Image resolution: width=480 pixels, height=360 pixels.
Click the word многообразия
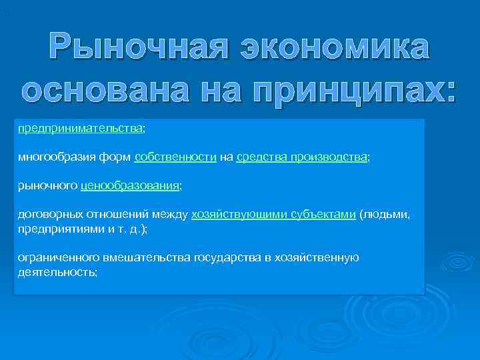pyautogui.click(x=52, y=157)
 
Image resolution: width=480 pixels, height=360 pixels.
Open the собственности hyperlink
pyautogui.click(x=175, y=157)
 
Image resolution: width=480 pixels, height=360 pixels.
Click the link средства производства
pyautogui.click(x=301, y=157)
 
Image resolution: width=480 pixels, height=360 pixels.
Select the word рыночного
pyautogui.click(x=47, y=186)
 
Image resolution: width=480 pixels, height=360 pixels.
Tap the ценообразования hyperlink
pyautogui.click(x=129, y=186)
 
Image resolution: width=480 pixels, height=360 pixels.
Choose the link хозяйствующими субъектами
pyautogui.click(x=273, y=215)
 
